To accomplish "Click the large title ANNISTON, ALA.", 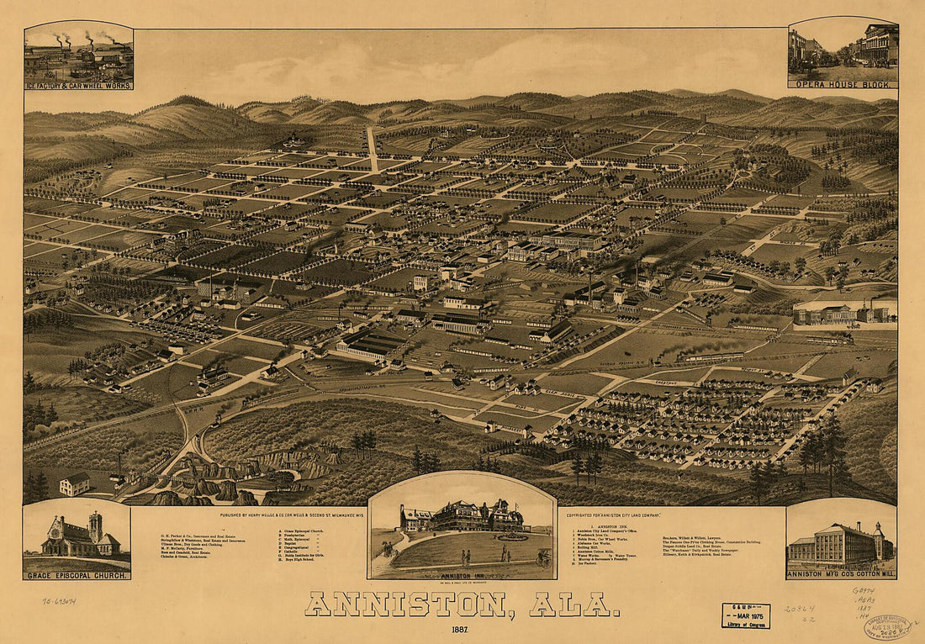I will click(462, 603).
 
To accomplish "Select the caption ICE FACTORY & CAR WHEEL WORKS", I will click(78, 86).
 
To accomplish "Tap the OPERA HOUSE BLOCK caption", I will click(843, 83).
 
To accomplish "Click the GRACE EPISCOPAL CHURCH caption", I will click(77, 575).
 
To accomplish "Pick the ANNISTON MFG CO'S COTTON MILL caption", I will click(841, 574).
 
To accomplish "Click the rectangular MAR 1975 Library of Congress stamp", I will click(746, 616).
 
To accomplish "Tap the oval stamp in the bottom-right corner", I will click(887, 626).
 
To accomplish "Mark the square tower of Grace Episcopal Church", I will click(95, 527).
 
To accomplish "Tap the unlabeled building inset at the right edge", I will click(844, 314).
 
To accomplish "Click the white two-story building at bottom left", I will click(75, 483).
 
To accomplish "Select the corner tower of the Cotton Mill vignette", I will click(878, 540).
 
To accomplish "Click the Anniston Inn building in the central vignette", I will click(462, 517).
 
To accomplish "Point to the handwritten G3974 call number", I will click(864, 591).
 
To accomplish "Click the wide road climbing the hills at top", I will click(371, 147).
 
